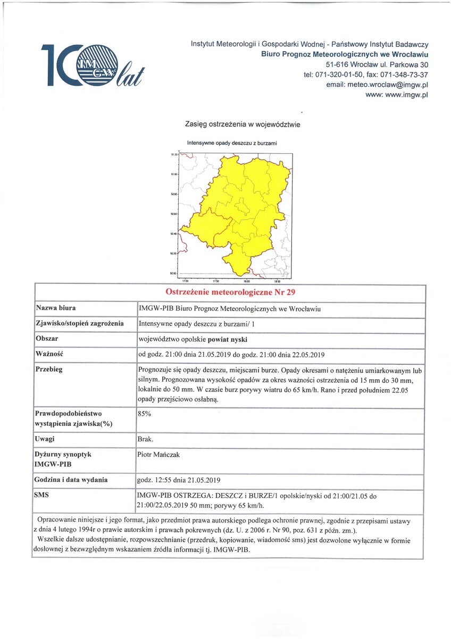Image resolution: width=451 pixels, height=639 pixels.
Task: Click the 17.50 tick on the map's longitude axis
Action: (216, 281)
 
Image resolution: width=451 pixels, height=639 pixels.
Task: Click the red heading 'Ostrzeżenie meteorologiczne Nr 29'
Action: (230, 292)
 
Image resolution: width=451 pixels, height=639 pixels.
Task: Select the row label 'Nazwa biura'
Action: (55, 308)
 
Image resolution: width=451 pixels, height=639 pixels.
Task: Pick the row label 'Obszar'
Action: (47, 339)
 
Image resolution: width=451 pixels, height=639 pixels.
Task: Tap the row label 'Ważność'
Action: (49, 354)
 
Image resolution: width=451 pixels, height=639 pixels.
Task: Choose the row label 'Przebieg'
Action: (49, 369)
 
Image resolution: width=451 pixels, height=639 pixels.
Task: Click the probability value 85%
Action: (144, 413)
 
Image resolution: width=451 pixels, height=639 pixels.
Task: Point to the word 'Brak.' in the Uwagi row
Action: (145, 439)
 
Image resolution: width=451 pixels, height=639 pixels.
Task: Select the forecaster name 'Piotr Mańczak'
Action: (158, 454)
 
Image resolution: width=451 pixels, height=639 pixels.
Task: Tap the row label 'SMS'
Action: (42, 495)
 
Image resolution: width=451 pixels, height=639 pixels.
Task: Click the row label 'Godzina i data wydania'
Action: (71, 480)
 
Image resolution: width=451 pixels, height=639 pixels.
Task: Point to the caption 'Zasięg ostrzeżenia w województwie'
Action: (243, 124)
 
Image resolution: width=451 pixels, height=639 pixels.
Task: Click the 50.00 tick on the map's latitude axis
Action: (174, 274)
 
